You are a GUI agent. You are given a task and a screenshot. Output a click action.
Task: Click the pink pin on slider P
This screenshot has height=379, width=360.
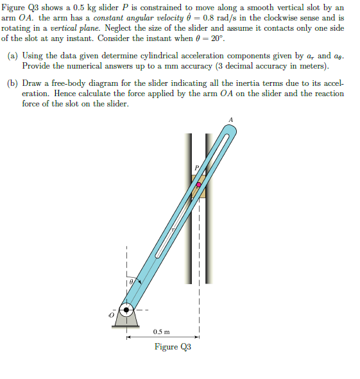(x=198, y=184)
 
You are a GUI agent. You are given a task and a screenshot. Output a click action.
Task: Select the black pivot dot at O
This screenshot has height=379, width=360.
(x=126, y=311)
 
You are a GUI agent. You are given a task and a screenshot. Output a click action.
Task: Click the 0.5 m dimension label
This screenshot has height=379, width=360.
(x=162, y=332)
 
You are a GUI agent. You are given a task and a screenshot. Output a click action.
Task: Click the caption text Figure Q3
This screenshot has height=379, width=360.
(x=172, y=347)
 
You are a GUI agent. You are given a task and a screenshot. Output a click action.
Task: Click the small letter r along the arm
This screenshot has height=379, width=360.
(x=172, y=228)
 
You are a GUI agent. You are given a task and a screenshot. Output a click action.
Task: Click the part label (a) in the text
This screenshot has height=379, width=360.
(x=13, y=56)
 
